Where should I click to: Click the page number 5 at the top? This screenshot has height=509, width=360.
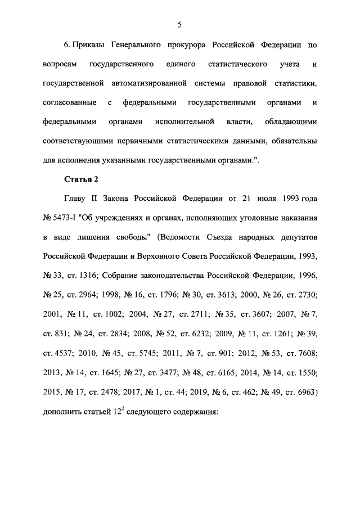pyautogui.click(x=179, y=24)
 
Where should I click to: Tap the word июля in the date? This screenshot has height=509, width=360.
pyautogui.click(x=260, y=199)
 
